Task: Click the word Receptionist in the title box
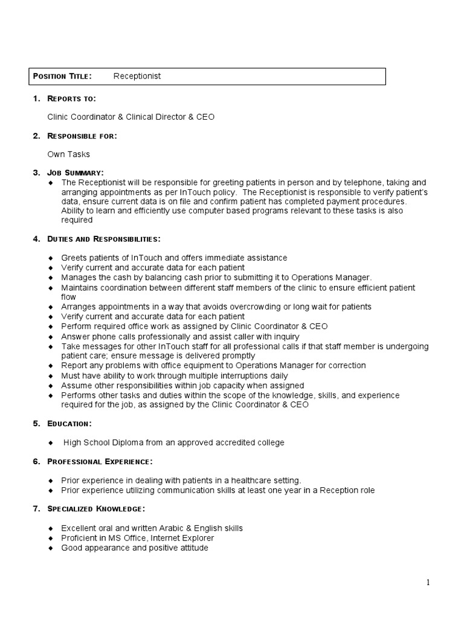pyautogui.click(x=137, y=76)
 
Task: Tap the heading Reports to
pyautogui.click(x=72, y=99)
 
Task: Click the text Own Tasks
pyautogui.click(x=68, y=154)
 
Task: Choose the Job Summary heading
pyautogui.click(x=76, y=173)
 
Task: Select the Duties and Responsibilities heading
pyautogui.click(x=104, y=239)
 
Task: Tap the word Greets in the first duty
pyautogui.click(x=74, y=258)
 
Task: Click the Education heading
pyautogui.click(x=69, y=424)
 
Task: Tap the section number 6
pyautogui.click(x=36, y=462)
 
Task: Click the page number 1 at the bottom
pyautogui.click(x=428, y=583)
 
